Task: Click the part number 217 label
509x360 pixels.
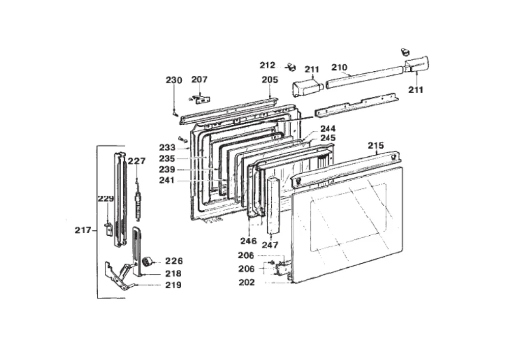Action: tap(83, 230)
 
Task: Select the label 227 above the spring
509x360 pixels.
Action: tap(136, 161)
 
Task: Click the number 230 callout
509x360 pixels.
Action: tap(174, 80)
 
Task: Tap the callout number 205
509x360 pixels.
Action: tap(270, 79)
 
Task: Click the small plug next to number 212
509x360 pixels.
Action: tap(292, 67)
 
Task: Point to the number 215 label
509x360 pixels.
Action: tap(376, 146)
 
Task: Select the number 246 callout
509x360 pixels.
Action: tap(248, 241)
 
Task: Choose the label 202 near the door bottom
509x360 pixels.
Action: tap(247, 283)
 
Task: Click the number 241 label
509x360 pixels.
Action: tap(167, 180)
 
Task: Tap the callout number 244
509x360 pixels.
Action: tap(328, 128)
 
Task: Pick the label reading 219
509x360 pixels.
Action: tap(174, 285)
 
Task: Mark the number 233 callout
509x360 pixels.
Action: tap(167, 148)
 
